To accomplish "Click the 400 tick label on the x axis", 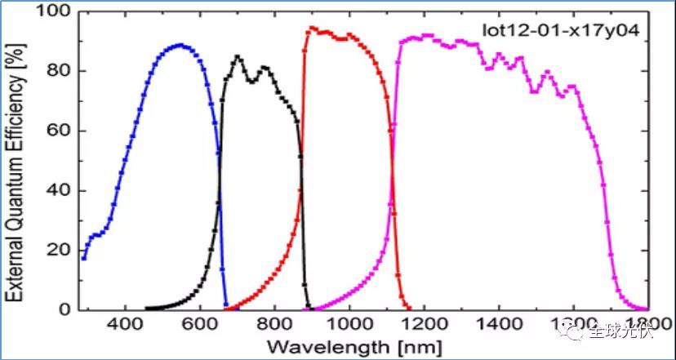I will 126,324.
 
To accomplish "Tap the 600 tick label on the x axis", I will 200,324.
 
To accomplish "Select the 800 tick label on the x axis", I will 275,324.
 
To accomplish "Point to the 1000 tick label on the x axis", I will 349,324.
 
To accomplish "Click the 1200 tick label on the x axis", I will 424,324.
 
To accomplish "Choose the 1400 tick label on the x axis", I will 498,324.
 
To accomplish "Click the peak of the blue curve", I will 180,46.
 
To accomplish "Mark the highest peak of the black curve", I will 238,56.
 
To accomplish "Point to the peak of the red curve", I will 311,29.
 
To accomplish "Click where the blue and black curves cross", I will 220,194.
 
